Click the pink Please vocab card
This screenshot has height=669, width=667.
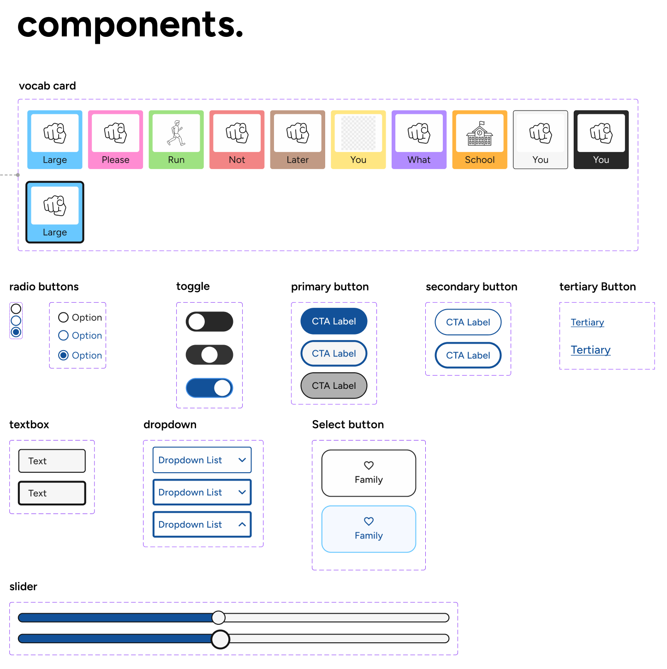tap(115, 140)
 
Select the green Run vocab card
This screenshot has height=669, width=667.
tap(176, 140)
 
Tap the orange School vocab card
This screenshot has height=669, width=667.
tap(480, 140)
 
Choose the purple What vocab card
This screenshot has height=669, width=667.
tap(419, 140)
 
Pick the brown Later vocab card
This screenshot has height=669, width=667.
tap(298, 140)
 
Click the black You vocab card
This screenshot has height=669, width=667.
tap(601, 140)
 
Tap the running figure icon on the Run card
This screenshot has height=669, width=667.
tap(176, 133)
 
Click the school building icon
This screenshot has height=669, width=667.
tap(480, 134)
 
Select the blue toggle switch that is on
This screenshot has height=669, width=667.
tap(209, 388)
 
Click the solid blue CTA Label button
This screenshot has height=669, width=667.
tap(333, 321)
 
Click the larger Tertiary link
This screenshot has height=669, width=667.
tap(590, 350)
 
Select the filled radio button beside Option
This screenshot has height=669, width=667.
tap(64, 355)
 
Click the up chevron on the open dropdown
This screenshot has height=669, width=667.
tap(242, 524)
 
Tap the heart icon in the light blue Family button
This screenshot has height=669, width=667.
tap(369, 521)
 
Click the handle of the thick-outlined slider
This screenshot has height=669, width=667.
tap(220, 639)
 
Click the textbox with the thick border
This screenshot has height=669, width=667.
tap(52, 493)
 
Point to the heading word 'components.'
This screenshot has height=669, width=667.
tap(130, 25)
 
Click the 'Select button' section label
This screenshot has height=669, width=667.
tap(348, 424)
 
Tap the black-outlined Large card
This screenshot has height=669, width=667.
tap(55, 212)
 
